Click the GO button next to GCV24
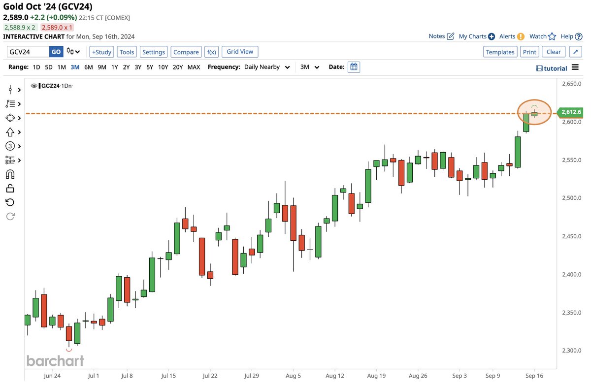(56, 52)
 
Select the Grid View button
(240, 52)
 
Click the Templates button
(500, 52)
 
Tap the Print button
(529, 52)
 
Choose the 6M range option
(89, 67)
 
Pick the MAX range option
(194, 67)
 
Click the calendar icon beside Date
(354, 67)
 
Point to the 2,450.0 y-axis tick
(572, 236)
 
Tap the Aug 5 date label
(293, 376)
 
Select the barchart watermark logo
(55, 360)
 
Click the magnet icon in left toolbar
(10, 174)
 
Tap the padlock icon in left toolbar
(10, 188)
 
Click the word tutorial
(556, 68)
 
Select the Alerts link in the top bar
(507, 36)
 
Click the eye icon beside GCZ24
(34, 86)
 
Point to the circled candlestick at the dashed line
(534, 114)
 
